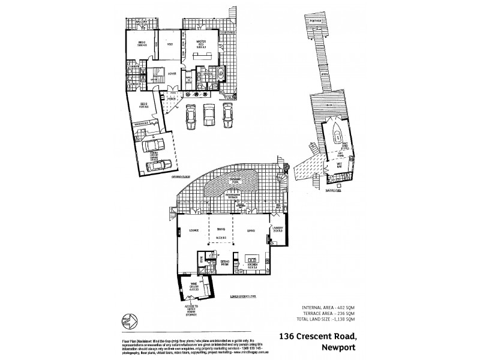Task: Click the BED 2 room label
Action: [x=141, y=44]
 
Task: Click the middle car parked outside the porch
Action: [x=209, y=114]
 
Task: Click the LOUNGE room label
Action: [x=194, y=230]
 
